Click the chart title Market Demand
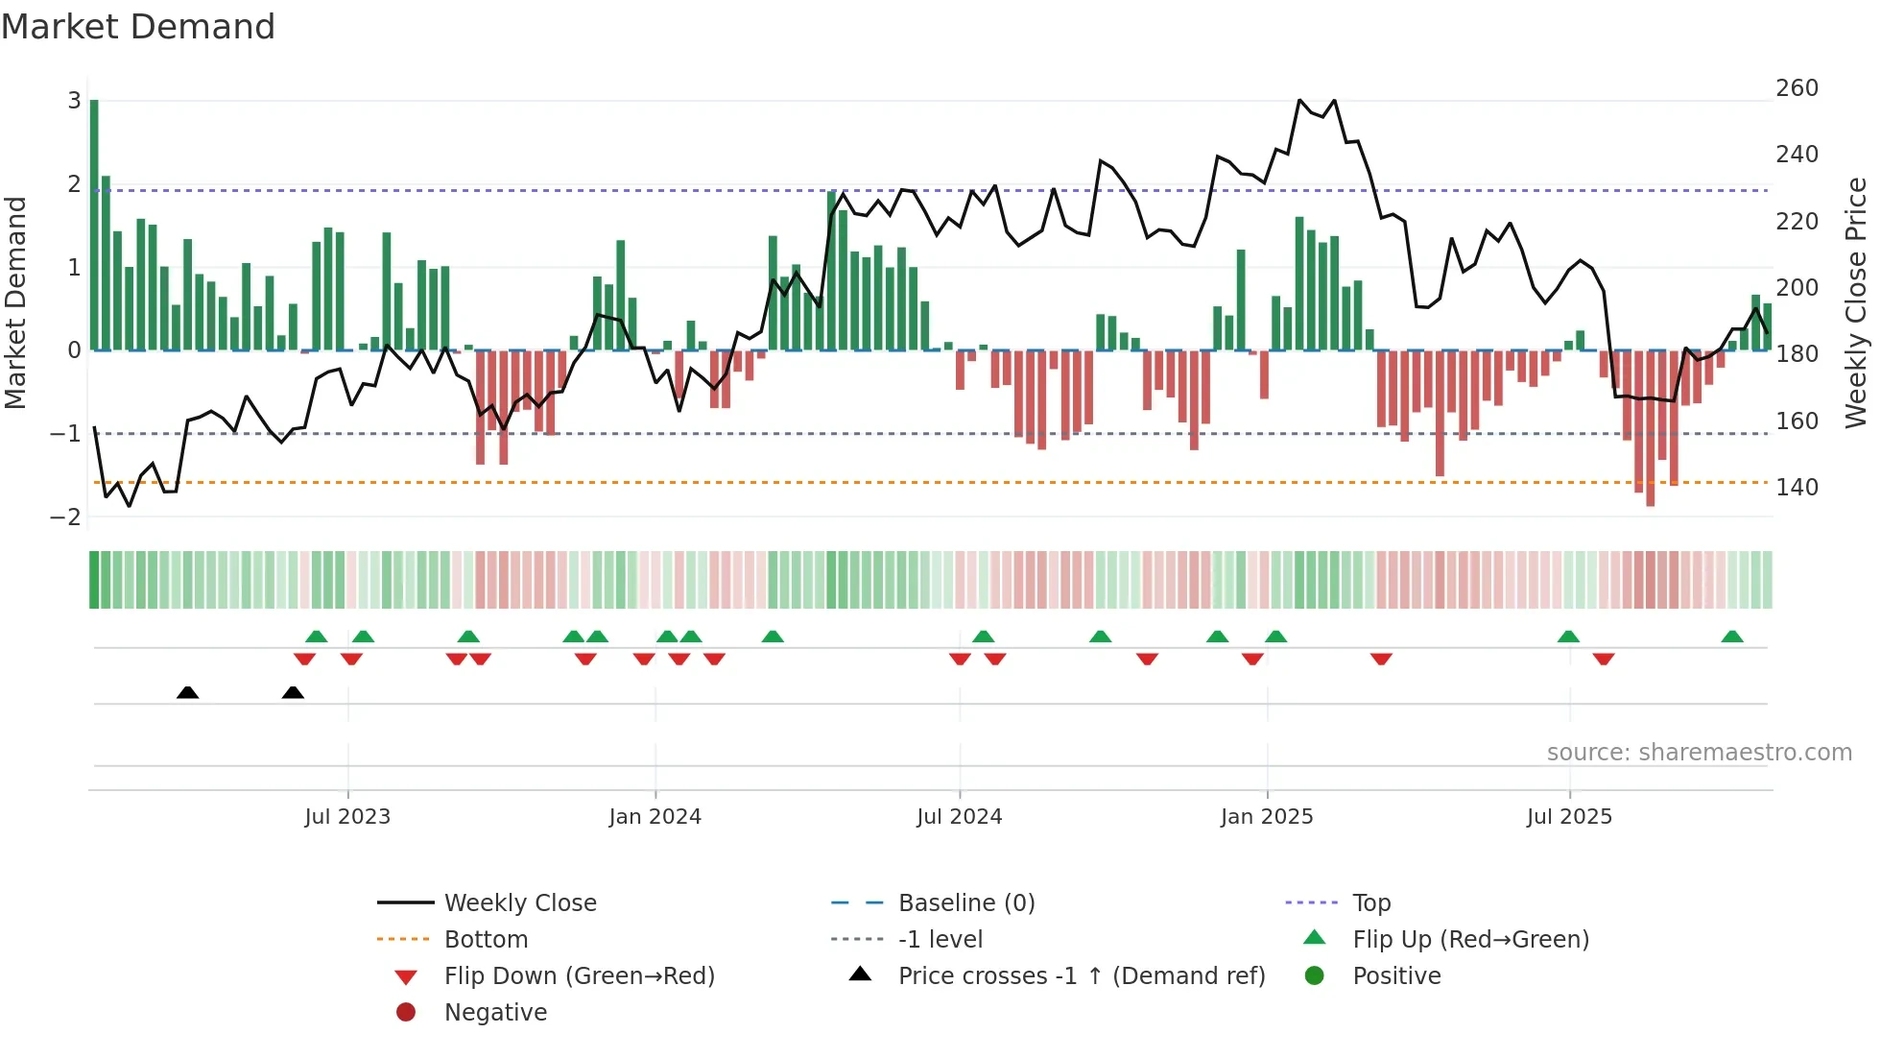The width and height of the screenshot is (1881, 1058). (x=138, y=27)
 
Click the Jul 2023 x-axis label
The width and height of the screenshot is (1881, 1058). (x=347, y=817)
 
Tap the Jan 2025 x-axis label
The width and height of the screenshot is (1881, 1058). (x=1267, y=817)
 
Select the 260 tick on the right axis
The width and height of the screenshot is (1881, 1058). (x=1797, y=88)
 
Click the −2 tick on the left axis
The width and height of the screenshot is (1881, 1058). (x=65, y=517)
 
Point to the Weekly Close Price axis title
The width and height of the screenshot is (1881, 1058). (x=1856, y=302)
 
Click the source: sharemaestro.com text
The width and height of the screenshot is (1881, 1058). (x=1699, y=753)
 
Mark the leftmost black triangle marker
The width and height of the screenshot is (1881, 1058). (x=188, y=692)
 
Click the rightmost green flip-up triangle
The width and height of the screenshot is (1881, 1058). (x=1732, y=637)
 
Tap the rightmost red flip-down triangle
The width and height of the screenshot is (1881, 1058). (x=1604, y=659)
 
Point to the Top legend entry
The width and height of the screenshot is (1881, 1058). (x=1371, y=903)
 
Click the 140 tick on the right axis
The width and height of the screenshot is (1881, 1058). (x=1797, y=488)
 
